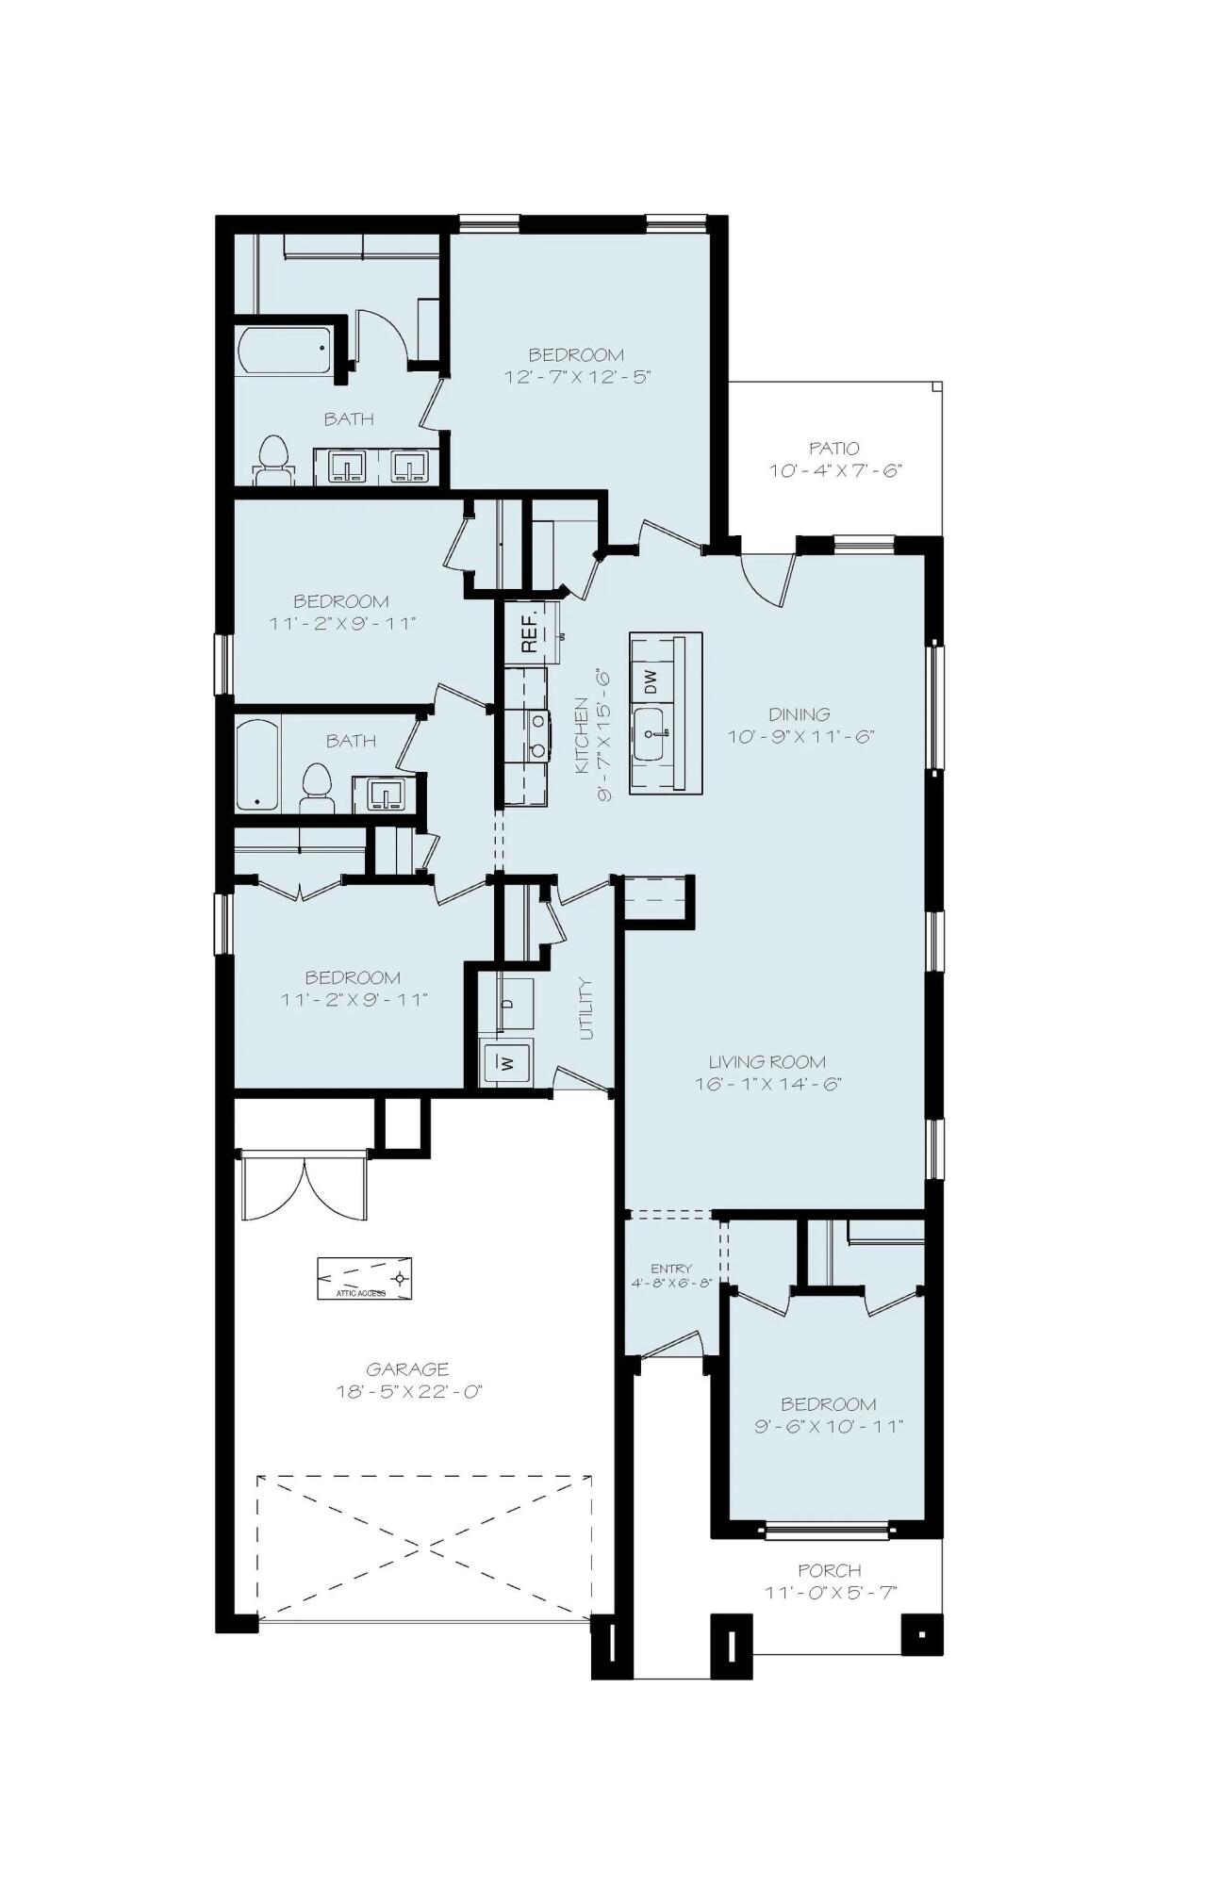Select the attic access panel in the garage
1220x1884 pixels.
coord(364,1279)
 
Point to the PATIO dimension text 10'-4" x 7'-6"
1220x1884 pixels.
coord(835,470)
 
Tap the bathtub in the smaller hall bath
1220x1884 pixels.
coord(257,764)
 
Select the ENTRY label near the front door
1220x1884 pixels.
coord(670,1269)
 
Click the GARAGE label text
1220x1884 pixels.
coord(407,1368)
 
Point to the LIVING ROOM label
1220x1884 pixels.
coord(767,1062)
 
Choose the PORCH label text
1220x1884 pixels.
coord(830,1570)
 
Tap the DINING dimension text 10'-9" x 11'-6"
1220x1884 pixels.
coord(800,736)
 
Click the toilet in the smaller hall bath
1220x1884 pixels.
coord(317,788)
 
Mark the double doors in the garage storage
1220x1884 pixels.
coord(305,1190)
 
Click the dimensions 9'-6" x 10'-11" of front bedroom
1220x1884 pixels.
coord(829,1426)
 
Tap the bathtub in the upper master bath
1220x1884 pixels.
coord(284,350)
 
